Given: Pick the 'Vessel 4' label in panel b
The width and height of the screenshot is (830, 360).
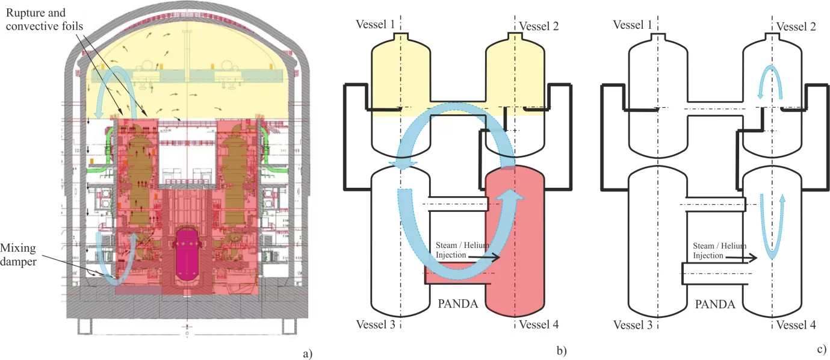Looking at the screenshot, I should coord(539,325).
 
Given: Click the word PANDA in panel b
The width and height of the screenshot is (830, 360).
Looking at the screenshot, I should coord(457,304).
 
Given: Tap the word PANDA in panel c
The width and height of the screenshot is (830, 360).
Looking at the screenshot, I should coord(715,304).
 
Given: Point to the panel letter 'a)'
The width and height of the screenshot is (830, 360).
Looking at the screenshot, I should coord(308,353).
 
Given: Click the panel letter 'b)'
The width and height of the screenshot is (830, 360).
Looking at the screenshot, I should coord(563,349).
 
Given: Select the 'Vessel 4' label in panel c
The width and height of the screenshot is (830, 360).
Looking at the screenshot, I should coord(796,325).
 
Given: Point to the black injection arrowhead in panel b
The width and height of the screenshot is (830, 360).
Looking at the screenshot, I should coord(497,257).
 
